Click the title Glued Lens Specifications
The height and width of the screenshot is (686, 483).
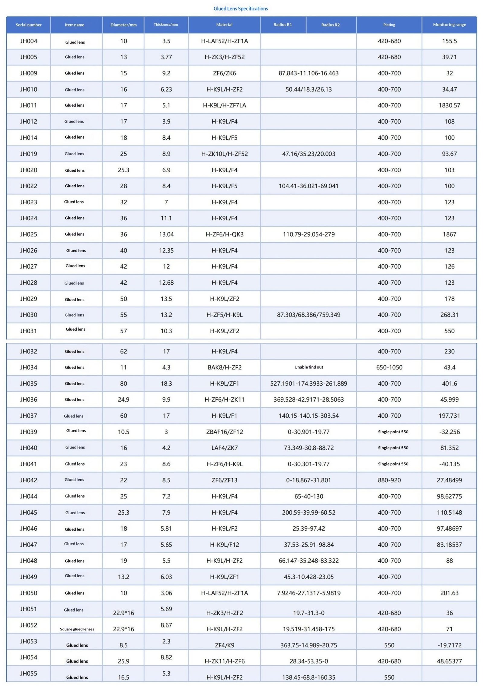point(241,8)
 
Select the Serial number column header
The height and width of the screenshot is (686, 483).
point(29,25)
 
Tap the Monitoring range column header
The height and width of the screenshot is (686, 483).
point(449,25)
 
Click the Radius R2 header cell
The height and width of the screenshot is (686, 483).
point(330,25)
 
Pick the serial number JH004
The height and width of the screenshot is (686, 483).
point(29,41)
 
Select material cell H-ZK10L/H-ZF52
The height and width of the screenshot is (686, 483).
point(224,154)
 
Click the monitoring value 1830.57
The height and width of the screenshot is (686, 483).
point(449,105)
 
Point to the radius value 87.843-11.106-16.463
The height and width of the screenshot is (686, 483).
point(309,73)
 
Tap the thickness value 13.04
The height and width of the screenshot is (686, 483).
point(166,235)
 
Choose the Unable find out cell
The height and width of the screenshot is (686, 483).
point(309,367)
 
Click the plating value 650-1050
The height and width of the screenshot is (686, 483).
point(389,368)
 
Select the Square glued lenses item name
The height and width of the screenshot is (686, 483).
point(77,629)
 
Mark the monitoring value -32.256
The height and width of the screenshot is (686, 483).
point(449,432)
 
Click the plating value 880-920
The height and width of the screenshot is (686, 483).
point(389,480)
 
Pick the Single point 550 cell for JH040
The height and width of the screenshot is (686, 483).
point(393,448)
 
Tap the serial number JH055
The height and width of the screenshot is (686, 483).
point(29,674)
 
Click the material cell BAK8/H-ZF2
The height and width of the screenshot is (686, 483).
point(224,368)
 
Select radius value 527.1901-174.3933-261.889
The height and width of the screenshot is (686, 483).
point(309,384)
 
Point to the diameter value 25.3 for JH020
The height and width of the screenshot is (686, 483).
point(123,170)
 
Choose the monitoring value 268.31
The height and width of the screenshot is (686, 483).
point(449,315)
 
